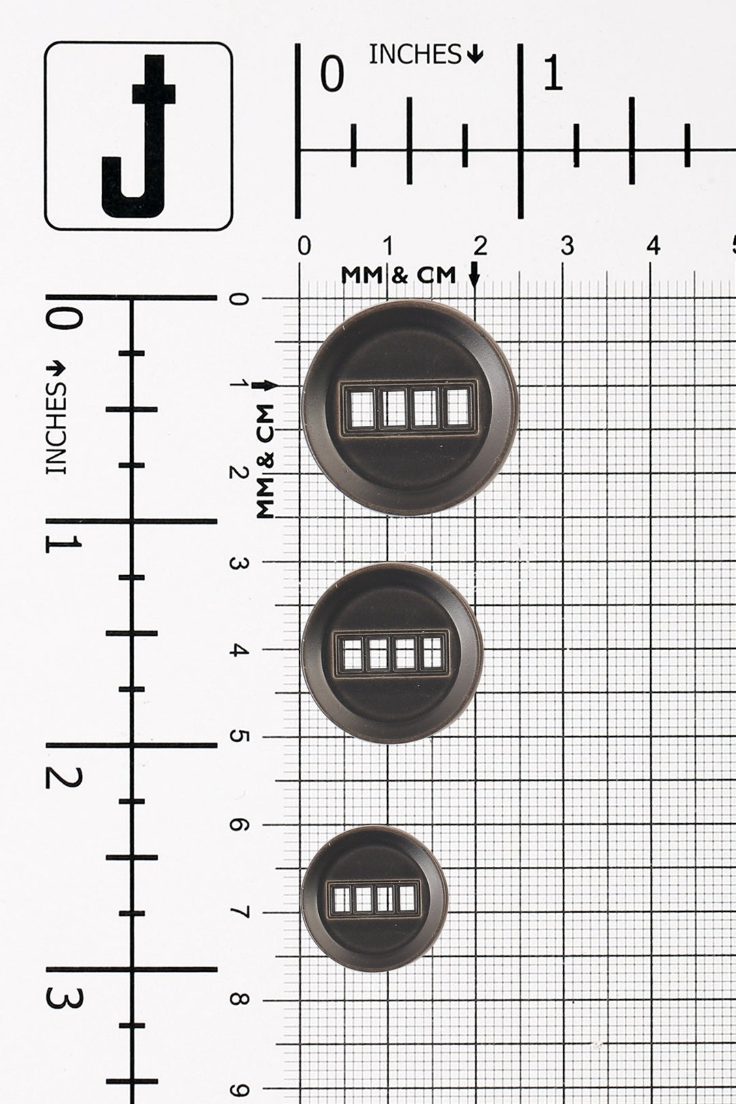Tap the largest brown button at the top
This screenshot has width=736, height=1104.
410,408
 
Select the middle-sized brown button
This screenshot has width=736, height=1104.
392,653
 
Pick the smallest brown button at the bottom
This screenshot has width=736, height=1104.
374,898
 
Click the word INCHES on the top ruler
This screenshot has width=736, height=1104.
415,55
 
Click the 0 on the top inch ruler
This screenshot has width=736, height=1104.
332,74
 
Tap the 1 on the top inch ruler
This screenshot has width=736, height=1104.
553,74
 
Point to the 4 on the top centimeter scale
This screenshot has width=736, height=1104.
653,246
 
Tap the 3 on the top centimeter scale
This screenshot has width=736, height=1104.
566,246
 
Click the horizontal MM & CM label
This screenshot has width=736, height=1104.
399,275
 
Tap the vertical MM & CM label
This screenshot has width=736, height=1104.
265,461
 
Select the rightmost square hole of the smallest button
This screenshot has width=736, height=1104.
407,898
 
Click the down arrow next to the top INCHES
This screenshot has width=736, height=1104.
475,54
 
